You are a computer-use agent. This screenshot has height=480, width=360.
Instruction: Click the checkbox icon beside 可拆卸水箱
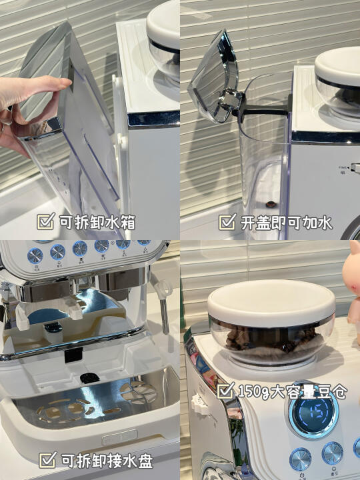click(x=45, y=221)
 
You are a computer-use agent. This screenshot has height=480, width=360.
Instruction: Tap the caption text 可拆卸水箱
click(x=97, y=222)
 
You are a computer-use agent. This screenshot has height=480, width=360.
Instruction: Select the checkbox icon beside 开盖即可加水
click(x=227, y=222)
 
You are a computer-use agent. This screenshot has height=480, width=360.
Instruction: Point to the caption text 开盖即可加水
click(x=286, y=223)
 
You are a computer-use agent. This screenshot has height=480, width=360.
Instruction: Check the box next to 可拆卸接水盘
click(x=48, y=459)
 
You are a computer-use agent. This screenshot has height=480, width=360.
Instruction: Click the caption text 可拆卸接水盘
click(x=107, y=461)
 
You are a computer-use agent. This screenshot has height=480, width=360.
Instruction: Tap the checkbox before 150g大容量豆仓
click(x=226, y=390)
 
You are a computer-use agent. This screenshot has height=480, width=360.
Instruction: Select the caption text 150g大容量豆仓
click(x=293, y=391)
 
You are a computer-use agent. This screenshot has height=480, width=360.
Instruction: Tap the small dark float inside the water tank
click(x=270, y=204)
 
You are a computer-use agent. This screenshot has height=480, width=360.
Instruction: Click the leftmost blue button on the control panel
click(x=35, y=256)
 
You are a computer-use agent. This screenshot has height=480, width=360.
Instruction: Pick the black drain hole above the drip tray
click(x=90, y=379)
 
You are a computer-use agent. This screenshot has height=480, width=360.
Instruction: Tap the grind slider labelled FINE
click(x=355, y=168)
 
